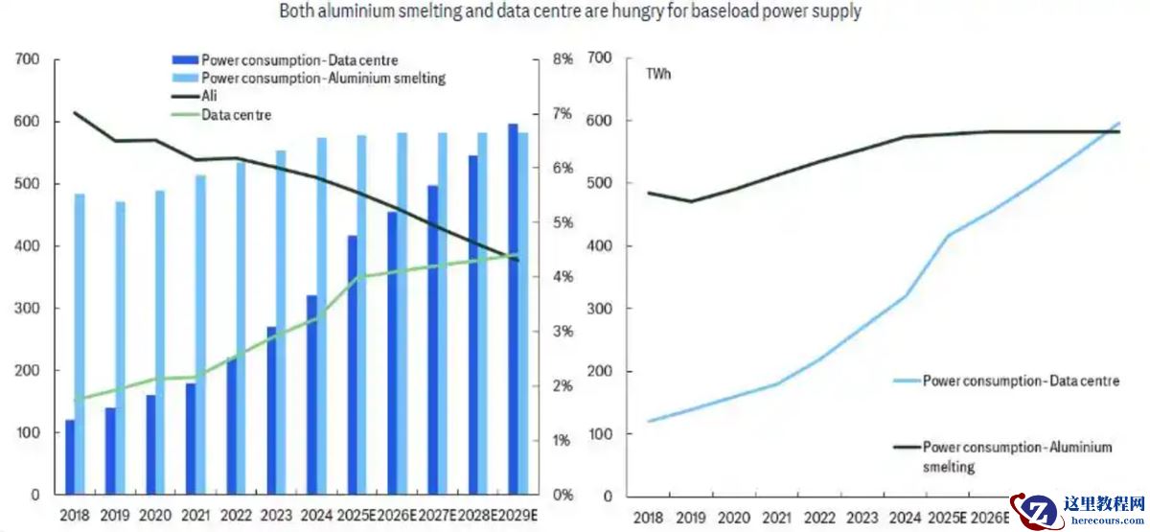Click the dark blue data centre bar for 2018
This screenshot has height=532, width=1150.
(x=70, y=457)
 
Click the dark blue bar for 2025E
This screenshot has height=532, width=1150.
(x=352, y=364)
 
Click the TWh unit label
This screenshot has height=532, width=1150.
(x=658, y=74)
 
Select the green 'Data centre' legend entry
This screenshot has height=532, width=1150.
(x=236, y=115)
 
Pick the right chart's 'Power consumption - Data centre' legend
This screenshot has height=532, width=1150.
(x=1021, y=382)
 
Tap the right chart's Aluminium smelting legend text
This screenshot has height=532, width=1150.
(x=1016, y=456)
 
